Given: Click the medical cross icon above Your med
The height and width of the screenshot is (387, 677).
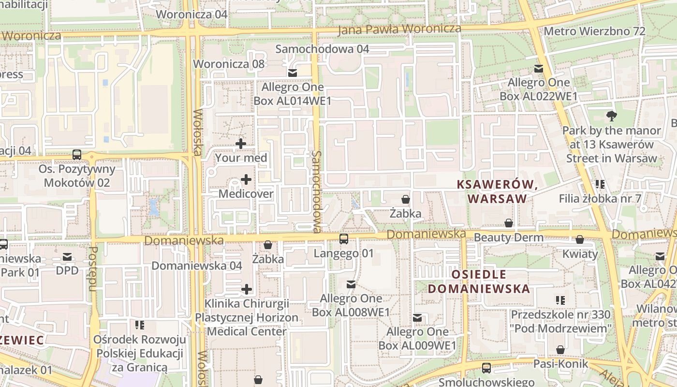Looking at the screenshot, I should [x=241, y=144].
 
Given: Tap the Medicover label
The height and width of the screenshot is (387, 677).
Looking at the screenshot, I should [x=246, y=194].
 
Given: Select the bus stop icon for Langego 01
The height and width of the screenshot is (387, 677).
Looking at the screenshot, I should [x=344, y=238].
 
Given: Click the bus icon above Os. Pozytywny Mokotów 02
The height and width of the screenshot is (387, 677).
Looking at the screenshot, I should [x=77, y=155].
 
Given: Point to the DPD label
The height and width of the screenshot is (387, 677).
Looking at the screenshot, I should [x=67, y=270].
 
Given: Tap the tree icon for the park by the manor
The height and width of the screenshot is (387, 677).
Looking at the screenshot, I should [x=611, y=116].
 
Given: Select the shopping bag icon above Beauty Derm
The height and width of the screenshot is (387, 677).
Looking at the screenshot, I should [x=509, y=223].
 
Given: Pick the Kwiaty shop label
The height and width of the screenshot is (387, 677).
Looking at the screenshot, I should [x=580, y=254].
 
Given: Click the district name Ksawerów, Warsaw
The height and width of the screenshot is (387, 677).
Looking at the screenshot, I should [x=497, y=192].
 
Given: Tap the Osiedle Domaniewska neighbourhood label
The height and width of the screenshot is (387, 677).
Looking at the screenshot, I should [x=479, y=282].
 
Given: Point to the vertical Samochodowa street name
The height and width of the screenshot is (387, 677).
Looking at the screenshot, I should [x=317, y=191].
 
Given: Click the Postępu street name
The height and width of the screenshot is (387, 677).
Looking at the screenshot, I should [x=93, y=269].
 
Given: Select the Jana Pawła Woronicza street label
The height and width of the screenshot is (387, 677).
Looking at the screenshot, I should [x=399, y=29].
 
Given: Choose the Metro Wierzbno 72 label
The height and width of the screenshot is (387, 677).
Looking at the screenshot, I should [x=594, y=31].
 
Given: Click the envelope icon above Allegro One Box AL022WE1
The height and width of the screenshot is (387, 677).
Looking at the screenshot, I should [x=538, y=69].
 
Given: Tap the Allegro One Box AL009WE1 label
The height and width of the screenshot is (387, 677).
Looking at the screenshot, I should [x=417, y=339].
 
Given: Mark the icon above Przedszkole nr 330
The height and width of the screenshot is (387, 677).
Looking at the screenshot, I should [x=560, y=300].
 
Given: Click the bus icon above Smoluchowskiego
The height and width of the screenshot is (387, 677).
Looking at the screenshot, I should [x=486, y=368].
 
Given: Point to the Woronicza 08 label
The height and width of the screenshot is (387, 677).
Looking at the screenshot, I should [x=229, y=64].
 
